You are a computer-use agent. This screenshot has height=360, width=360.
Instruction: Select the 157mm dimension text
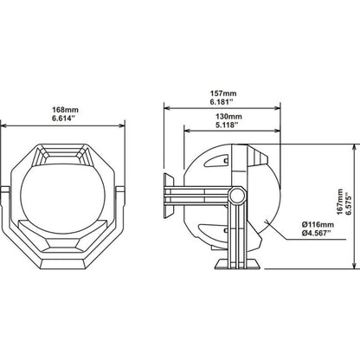223,93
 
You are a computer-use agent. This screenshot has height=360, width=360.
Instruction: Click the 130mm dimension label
229,116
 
